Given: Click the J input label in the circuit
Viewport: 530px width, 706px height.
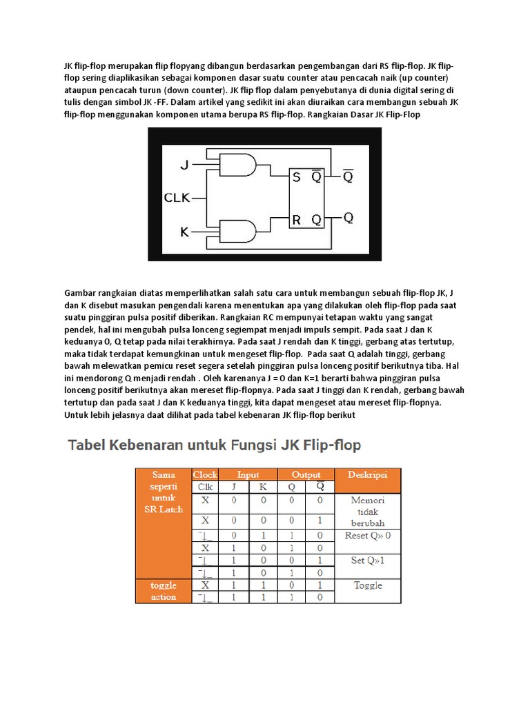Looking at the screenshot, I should [x=184, y=165].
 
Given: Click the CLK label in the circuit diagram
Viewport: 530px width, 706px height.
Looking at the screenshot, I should [x=177, y=198].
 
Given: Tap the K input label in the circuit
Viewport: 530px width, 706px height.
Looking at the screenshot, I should [x=184, y=232].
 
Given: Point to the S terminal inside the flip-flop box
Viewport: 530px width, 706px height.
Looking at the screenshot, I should [x=296, y=177].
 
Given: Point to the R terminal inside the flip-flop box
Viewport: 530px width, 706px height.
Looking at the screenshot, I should [x=296, y=220].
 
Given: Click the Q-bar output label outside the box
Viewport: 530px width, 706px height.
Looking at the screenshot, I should [x=349, y=176].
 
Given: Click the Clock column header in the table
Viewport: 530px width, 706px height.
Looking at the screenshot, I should [x=205, y=474].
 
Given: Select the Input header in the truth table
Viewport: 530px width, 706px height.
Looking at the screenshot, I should [x=248, y=474].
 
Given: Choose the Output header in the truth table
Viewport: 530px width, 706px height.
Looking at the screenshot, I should [x=306, y=474].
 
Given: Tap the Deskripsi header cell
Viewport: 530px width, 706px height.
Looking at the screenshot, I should [x=368, y=475].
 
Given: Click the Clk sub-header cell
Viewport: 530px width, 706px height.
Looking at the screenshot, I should [x=205, y=487].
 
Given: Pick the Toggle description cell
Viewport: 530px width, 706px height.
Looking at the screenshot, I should [x=368, y=585].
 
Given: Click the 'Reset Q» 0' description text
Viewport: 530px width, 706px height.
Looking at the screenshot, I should [x=368, y=535].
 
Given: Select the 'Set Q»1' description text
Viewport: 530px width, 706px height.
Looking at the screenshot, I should [x=368, y=560].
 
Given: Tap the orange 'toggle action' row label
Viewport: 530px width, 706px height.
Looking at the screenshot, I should [x=164, y=591].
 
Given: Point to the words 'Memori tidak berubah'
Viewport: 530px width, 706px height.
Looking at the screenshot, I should [x=368, y=511].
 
